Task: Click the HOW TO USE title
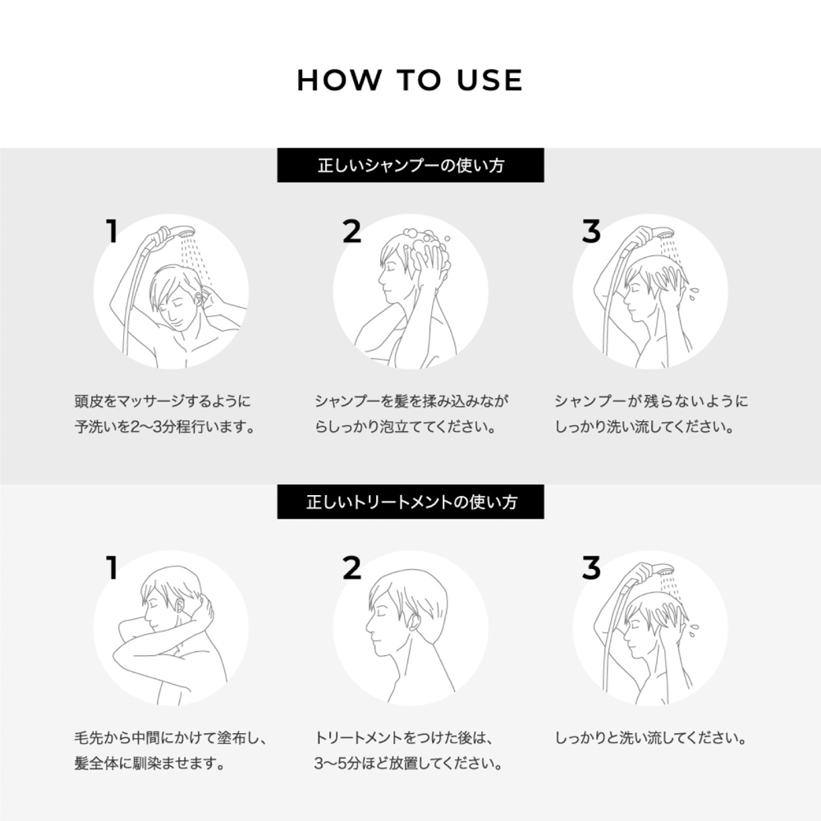point(410,80)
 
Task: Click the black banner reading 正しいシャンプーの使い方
point(410,165)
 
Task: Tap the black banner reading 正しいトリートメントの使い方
point(410,501)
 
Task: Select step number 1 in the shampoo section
point(112,232)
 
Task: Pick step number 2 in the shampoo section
point(351,232)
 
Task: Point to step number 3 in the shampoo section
point(591,232)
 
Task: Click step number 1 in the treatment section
point(112,567)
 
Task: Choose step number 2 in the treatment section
point(351,567)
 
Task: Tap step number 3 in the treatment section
point(591,567)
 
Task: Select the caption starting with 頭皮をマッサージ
point(163,402)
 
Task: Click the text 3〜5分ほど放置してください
point(409,764)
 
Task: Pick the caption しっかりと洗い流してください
point(650,738)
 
